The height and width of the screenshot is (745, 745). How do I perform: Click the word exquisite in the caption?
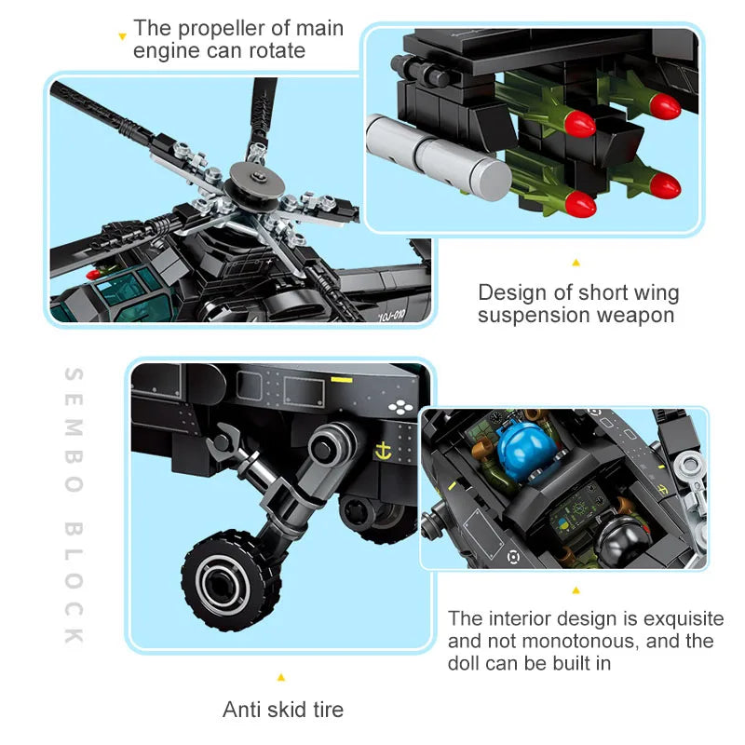(x=680, y=618)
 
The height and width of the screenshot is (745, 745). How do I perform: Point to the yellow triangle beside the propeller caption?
(x=121, y=37)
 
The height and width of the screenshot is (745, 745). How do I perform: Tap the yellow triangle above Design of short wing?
(x=575, y=264)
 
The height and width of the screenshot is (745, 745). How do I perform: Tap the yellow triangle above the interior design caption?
(x=575, y=590)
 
